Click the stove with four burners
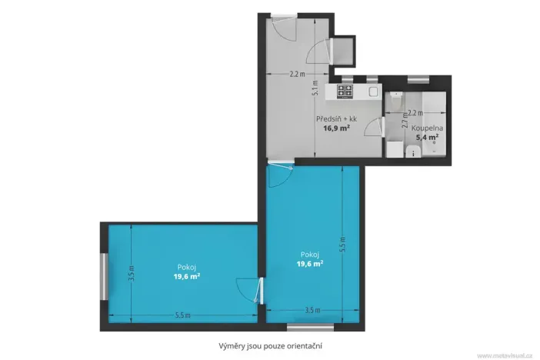[345, 92]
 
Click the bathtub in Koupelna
[426, 104]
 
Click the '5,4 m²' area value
[427, 138]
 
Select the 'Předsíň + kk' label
[336, 119]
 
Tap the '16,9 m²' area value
[336, 128]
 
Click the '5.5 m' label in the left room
[182, 315]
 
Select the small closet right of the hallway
[345, 50]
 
